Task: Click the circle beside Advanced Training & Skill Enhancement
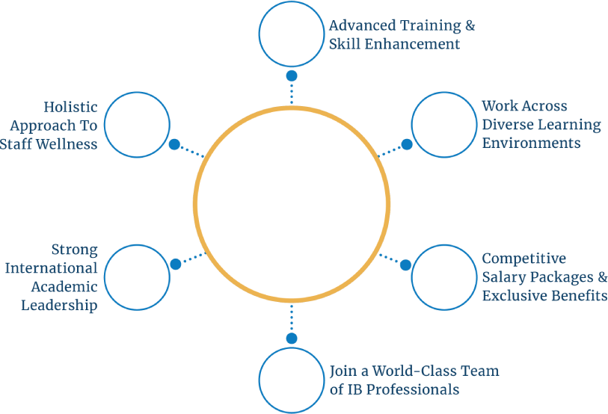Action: pyautogui.click(x=292, y=34)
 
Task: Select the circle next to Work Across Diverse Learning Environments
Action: pyautogui.click(x=444, y=124)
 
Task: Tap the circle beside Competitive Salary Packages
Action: pyautogui.click(x=444, y=276)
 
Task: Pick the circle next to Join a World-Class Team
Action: pyautogui.click(x=292, y=380)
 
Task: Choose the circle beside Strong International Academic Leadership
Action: pyautogui.click(x=138, y=276)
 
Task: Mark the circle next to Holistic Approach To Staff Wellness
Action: pyautogui.click(x=138, y=124)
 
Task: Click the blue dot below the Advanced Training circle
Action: pyautogui.click(x=292, y=75)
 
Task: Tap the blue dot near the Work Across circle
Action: pyautogui.click(x=406, y=144)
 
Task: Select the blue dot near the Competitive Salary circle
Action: pyautogui.click(x=405, y=265)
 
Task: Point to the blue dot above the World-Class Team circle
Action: pyautogui.click(x=292, y=338)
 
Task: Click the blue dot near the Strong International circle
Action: pyautogui.click(x=175, y=264)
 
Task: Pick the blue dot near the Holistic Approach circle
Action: pyautogui.click(x=174, y=144)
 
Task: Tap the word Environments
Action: pyautogui.click(x=531, y=142)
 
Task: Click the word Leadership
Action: pyautogui.click(x=59, y=305)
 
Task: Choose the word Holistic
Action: pyautogui.click(x=70, y=107)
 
